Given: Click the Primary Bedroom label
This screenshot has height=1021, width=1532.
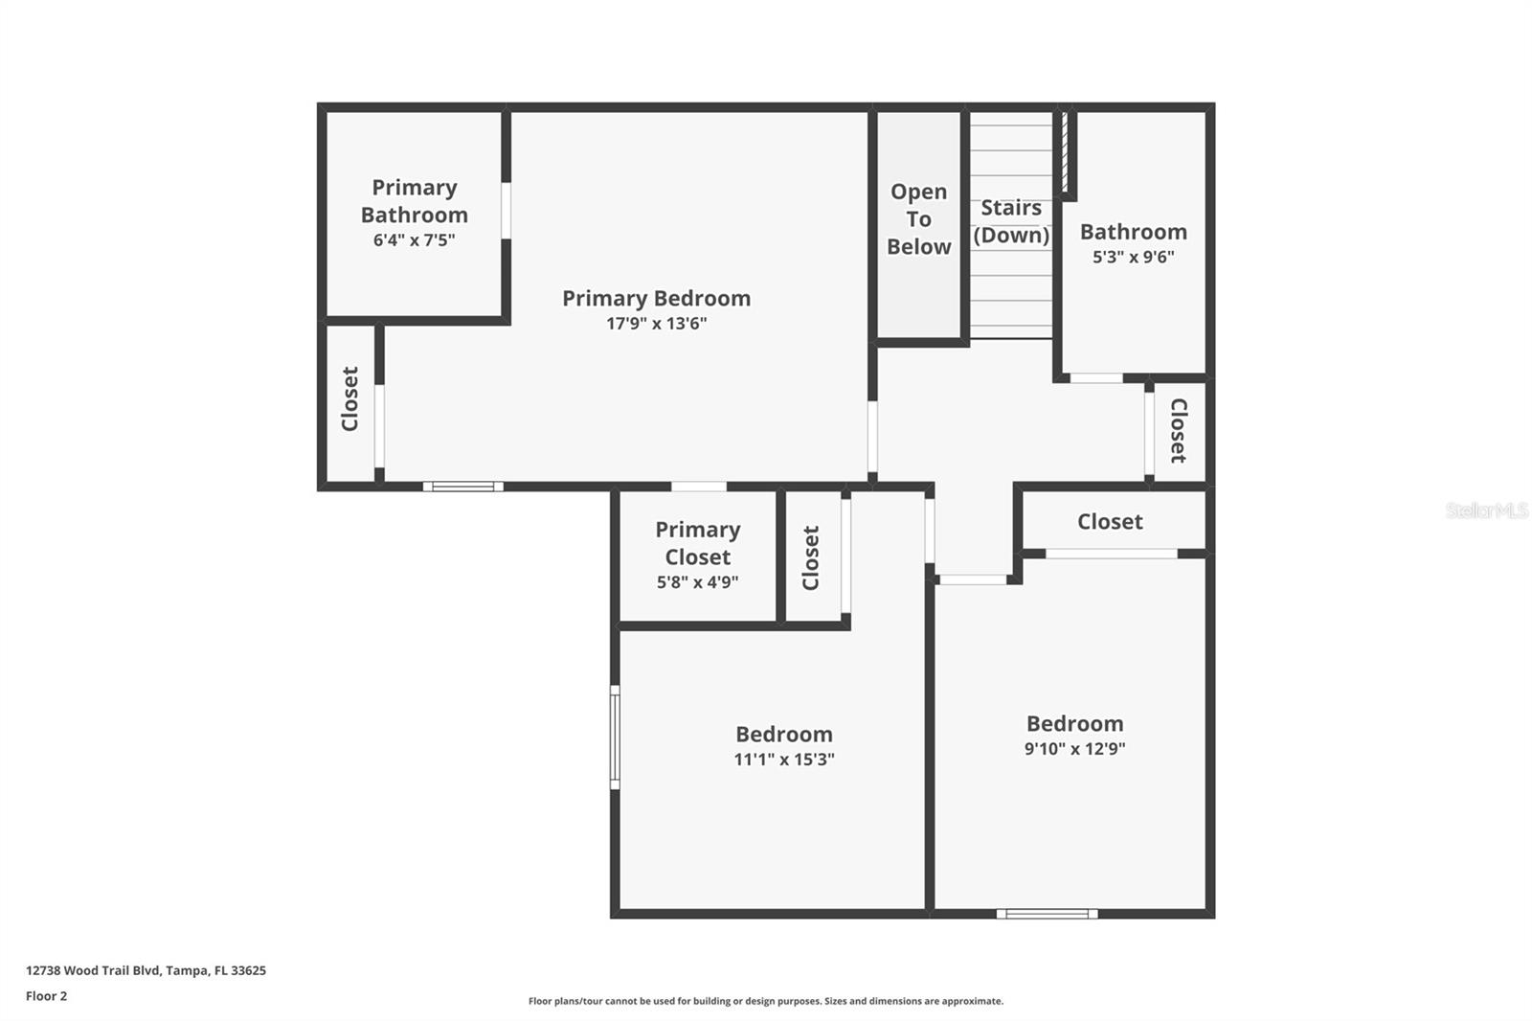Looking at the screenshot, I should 656,298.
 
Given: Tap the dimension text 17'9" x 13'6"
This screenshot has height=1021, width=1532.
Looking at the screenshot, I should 656,324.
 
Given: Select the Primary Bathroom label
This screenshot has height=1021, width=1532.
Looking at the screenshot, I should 414,201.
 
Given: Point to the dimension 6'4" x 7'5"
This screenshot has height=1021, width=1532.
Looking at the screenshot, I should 414,240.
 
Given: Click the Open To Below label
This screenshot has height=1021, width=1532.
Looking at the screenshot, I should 918,219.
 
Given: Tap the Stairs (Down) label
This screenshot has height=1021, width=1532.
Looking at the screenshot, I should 1011,221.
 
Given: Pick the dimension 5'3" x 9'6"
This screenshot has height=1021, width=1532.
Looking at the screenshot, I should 1133,257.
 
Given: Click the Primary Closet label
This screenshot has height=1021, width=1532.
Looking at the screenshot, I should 697,543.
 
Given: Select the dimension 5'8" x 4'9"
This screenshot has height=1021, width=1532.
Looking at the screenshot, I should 697,582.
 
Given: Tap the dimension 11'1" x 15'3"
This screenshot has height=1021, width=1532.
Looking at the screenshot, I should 784,760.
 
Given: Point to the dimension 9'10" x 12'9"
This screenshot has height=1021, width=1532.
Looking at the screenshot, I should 1074,749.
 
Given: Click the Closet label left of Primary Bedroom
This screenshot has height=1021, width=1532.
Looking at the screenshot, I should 350,398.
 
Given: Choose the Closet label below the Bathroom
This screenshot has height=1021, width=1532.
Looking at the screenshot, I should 1179,430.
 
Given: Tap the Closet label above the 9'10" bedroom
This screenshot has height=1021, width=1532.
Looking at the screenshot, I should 1110,521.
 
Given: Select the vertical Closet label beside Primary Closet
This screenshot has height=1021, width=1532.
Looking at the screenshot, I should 811,557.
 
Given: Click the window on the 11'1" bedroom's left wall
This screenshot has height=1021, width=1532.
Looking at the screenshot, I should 615,737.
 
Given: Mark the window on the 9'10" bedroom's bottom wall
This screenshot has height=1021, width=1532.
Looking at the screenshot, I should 1047,914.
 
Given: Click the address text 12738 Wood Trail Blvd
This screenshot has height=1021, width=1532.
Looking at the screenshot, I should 146,970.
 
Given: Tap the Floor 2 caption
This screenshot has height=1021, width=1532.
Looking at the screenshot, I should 46,996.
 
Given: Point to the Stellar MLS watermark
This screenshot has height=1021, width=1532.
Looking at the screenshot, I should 1486,510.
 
